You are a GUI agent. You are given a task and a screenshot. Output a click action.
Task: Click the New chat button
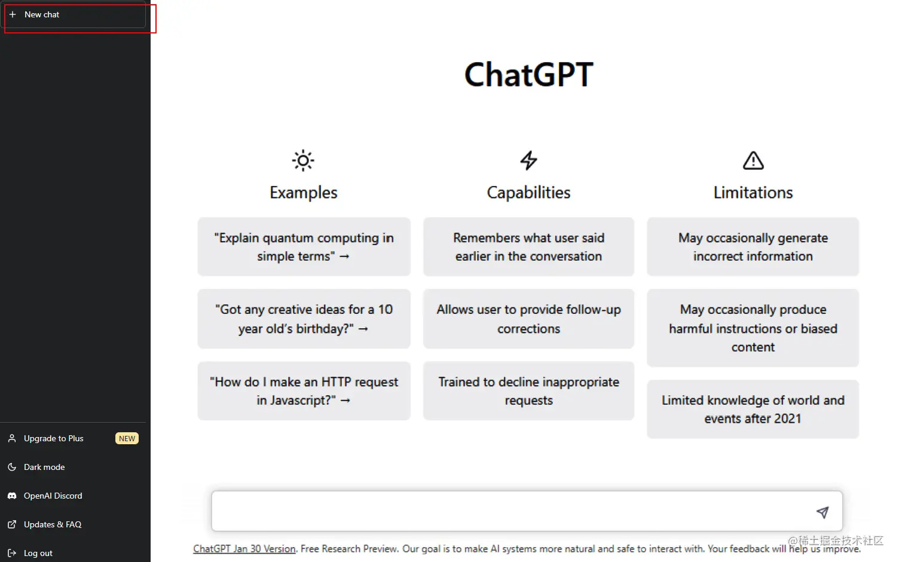pyautogui.click(x=75, y=15)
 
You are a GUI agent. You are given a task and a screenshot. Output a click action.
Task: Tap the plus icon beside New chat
pyautogui.click(x=13, y=14)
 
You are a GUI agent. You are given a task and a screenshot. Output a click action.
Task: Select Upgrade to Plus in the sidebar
pyautogui.click(x=54, y=438)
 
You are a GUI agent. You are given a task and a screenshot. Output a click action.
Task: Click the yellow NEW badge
pyautogui.click(x=127, y=438)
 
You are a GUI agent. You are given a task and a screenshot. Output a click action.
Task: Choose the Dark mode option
pyautogui.click(x=44, y=467)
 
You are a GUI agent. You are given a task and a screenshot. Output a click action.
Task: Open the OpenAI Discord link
pyautogui.click(x=53, y=496)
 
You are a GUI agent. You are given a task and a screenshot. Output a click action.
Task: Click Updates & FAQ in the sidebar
pyautogui.click(x=53, y=524)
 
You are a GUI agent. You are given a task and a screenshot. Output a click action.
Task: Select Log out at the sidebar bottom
pyautogui.click(x=38, y=553)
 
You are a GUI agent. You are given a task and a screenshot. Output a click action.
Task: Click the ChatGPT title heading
pyautogui.click(x=528, y=75)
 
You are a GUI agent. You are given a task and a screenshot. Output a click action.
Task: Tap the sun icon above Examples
pyautogui.click(x=303, y=160)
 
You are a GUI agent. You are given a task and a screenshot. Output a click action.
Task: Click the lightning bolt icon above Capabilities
pyautogui.click(x=528, y=160)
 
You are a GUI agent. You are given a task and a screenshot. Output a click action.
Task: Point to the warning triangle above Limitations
pyautogui.click(x=753, y=160)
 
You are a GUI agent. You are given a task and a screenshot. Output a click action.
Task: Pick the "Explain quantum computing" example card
pyautogui.click(x=304, y=247)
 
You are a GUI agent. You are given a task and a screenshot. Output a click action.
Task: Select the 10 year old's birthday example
pyautogui.click(x=304, y=319)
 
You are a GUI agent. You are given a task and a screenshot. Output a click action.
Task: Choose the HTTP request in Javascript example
pyautogui.click(x=304, y=391)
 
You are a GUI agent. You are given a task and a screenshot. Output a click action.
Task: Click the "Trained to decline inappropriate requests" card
pyautogui.click(x=528, y=391)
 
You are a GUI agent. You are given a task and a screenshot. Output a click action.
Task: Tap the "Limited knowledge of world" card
pyautogui.click(x=753, y=410)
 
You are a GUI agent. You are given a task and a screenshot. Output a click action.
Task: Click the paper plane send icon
pyautogui.click(x=822, y=512)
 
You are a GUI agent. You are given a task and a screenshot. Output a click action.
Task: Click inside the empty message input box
pyautogui.click(x=508, y=511)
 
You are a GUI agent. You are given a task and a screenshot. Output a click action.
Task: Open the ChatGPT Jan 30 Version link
pyautogui.click(x=244, y=549)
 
